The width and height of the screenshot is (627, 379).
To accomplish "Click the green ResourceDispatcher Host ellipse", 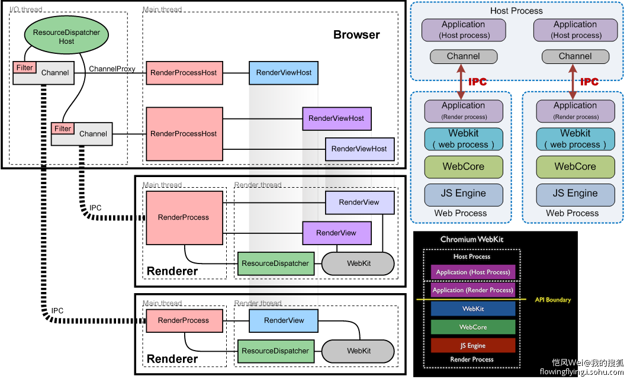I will pyautogui.click(x=66, y=37).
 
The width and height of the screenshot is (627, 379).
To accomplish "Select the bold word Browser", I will pyautogui.click(x=356, y=34).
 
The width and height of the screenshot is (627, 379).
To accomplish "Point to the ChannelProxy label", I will pyautogui.click(x=112, y=69).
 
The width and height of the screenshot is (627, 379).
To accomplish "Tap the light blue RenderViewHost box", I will pyautogui.click(x=284, y=72).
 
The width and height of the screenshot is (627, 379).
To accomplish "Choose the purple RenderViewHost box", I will pyautogui.click(x=336, y=118).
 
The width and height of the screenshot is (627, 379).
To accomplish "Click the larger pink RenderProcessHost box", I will pyautogui.click(x=184, y=134).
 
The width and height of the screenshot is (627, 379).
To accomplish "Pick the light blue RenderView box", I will pyautogui.click(x=284, y=320).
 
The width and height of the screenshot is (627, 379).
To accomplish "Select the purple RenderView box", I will pyautogui.click(x=336, y=233).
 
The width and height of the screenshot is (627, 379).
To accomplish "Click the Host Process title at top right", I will pyautogui.click(x=516, y=11).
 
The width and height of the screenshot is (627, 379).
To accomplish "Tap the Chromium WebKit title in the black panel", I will pyautogui.click(x=472, y=239).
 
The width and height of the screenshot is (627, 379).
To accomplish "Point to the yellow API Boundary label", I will pyautogui.click(x=552, y=300).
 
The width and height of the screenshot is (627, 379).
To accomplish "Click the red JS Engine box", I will pyautogui.click(x=472, y=345).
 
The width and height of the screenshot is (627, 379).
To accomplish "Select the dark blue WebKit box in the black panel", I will pyautogui.click(x=472, y=309).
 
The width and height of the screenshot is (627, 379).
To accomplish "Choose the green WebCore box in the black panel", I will pyautogui.click(x=472, y=327).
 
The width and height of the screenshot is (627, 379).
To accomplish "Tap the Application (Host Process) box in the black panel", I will pyautogui.click(x=472, y=272).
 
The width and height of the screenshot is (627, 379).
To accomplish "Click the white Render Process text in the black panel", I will pyautogui.click(x=472, y=359).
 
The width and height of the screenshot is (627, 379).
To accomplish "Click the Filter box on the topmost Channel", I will pyautogui.click(x=25, y=68).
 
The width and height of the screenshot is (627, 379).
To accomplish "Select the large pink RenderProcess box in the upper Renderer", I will pyautogui.click(x=184, y=217).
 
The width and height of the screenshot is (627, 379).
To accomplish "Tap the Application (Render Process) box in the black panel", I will pyautogui.click(x=472, y=290).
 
